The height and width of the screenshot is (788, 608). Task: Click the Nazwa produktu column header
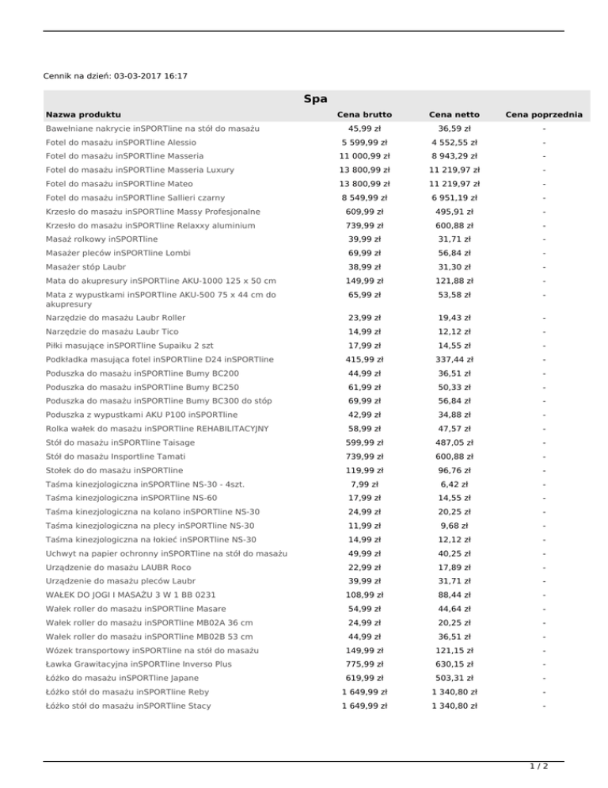[x=83, y=115]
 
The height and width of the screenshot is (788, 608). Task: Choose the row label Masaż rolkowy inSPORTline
[x=102, y=239]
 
